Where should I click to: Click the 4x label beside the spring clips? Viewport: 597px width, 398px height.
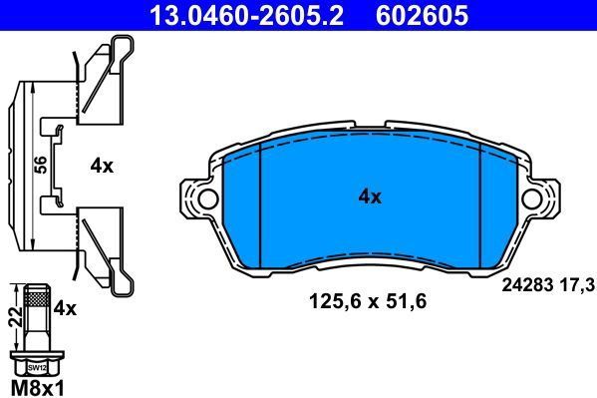tap(102, 167)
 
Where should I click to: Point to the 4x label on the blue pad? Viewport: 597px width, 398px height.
tap(370, 197)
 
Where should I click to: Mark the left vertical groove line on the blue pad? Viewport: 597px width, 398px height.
tap(259, 204)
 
